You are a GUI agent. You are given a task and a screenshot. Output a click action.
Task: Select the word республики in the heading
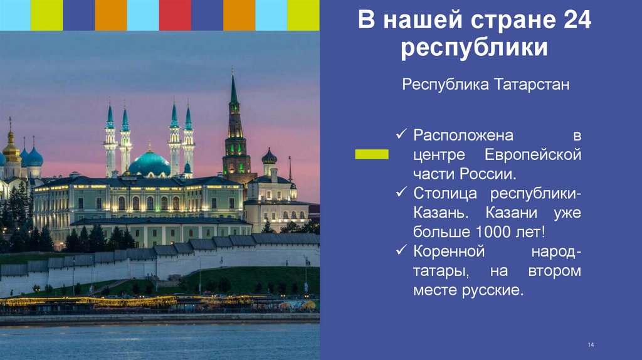pyautogui.click(x=475, y=49)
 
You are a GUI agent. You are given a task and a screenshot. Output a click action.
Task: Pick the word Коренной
pyautogui.click(x=450, y=251)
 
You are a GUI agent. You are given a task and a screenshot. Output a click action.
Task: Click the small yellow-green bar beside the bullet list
pyautogui.click(x=371, y=154)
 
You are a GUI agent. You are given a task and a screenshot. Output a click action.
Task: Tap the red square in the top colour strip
pyautogui.click(x=175, y=15)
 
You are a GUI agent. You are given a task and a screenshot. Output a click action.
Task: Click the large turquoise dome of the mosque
pyautogui.click(x=149, y=164)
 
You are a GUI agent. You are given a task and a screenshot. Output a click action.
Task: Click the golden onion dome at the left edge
pyautogui.click(x=11, y=149)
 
